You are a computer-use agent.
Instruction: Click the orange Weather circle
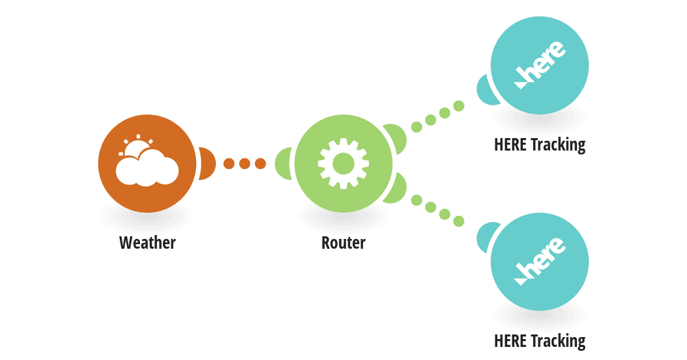tap(147, 164)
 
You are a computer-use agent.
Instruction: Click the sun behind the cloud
tap(137, 147)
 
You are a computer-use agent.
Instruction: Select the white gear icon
tap(343, 164)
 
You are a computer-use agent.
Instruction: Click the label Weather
tap(147, 242)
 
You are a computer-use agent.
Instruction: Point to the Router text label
tap(343, 242)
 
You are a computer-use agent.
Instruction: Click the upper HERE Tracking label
tap(540, 145)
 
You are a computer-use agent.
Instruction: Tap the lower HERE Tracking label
tap(540, 341)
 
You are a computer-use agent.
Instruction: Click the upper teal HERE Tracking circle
tap(540, 65)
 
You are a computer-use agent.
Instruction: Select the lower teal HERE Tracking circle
tap(540, 262)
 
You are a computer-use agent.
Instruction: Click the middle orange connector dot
tap(245, 164)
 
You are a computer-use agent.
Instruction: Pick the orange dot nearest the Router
tap(260, 164)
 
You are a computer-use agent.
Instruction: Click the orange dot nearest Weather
tap(229, 164)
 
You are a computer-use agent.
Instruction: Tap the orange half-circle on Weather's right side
tap(207, 164)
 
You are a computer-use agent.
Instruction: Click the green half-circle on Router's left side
tap(283, 164)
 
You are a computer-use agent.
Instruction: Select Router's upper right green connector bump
tap(396, 138)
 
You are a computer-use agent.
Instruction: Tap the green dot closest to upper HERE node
tap(459, 105)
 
